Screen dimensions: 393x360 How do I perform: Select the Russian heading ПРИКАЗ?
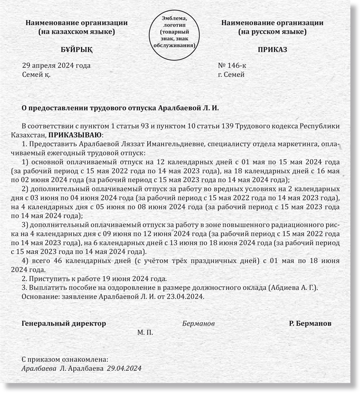click(272, 50)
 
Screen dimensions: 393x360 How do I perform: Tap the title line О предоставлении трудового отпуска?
click(121, 108)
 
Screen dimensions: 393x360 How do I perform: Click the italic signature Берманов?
click(198, 323)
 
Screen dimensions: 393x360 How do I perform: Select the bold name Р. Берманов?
click(310, 323)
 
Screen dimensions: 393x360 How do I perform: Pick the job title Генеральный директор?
click(64, 323)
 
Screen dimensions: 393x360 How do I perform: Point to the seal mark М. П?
click(145, 332)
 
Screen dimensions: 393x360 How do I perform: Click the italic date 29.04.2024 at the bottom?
click(124, 368)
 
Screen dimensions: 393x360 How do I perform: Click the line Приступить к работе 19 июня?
click(95, 278)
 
